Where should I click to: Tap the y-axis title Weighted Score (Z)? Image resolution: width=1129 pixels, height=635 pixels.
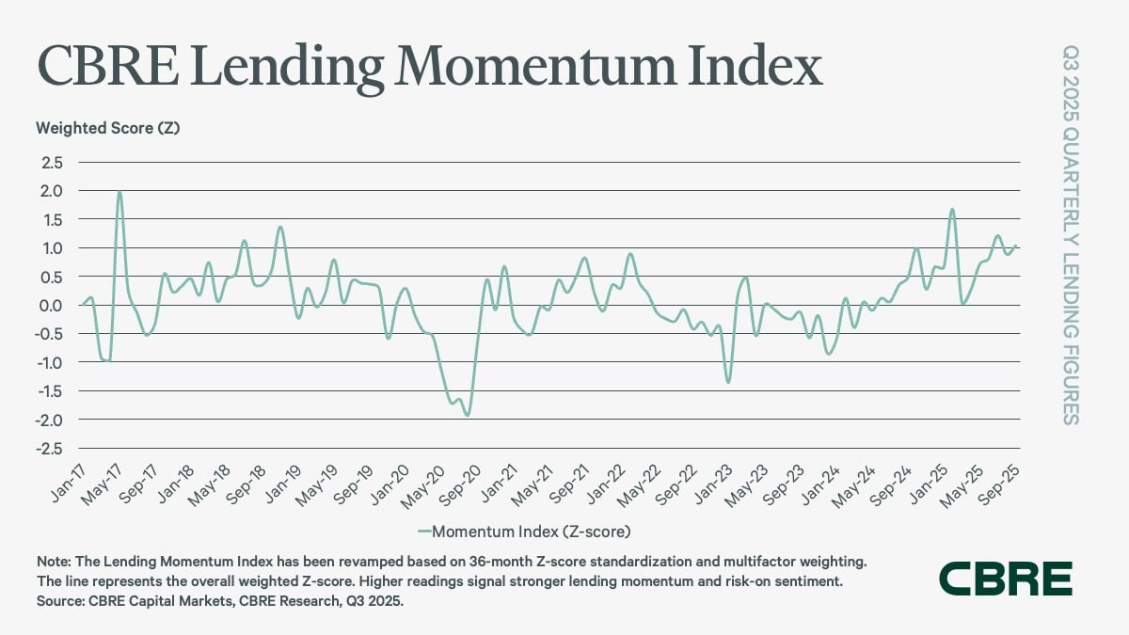pos(107,127)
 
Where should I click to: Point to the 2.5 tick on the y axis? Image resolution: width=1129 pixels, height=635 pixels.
pos(52,162)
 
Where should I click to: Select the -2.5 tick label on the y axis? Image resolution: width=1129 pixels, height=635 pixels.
pos(49,448)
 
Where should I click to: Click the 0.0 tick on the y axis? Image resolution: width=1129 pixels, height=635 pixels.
pos(52,305)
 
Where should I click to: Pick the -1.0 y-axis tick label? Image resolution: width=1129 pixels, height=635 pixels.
pos(49,362)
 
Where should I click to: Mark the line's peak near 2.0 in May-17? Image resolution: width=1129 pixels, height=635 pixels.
pos(119,191)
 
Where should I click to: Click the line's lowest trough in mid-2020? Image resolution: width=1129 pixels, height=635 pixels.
pos(467,415)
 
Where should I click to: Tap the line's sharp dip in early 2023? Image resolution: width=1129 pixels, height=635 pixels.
pos(727,382)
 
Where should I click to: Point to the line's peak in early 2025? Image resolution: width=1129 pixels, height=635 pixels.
pos(952,209)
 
